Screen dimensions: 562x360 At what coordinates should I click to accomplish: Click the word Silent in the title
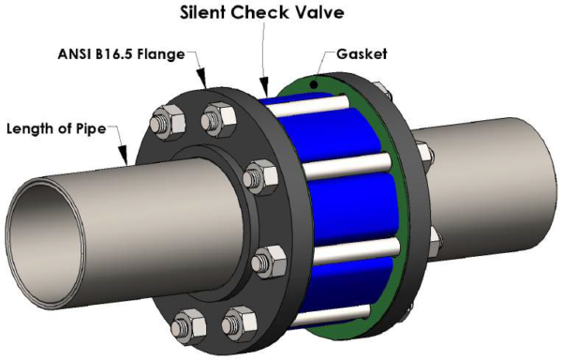(203, 12)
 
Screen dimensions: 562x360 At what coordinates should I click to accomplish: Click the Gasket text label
(362, 54)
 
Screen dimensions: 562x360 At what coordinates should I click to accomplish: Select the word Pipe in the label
(91, 128)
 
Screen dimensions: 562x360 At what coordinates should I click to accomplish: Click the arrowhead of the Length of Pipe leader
(124, 155)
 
